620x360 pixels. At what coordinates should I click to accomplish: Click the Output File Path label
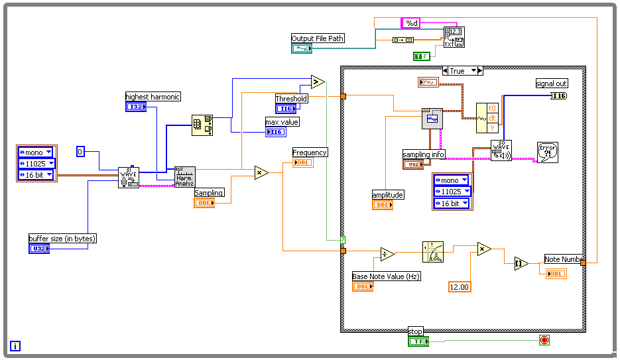tap(318, 38)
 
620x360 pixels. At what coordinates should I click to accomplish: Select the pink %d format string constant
tap(411, 23)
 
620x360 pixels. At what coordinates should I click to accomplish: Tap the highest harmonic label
tap(153, 97)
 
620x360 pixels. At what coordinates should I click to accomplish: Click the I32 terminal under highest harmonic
tap(136, 107)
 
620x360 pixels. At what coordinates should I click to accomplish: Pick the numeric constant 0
tap(80, 151)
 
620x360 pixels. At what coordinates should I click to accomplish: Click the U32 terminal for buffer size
tap(39, 249)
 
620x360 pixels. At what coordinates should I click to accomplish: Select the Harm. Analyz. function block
tap(185, 177)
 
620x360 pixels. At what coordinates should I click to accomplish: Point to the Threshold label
tap(292, 99)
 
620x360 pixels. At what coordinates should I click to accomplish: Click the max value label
tap(282, 122)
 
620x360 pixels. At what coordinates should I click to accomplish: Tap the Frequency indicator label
tap(310, 152)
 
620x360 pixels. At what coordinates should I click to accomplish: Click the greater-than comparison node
tap(317, 82)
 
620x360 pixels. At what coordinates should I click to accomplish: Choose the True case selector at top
tap(462, 70)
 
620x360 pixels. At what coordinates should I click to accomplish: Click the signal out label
tap(551, 84)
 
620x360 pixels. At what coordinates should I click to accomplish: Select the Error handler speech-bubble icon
tap(547, 152)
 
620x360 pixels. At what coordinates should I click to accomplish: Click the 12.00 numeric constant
tap(460, 286)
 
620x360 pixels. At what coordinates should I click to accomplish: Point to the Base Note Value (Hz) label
tap(386, 276)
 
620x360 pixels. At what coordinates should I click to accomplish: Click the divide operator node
tap(388, 255)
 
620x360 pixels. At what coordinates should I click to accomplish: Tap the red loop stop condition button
tap(544, 341)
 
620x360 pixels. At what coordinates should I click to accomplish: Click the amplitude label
tap(388, 195)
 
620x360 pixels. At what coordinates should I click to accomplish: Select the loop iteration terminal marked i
tap(15, 345)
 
